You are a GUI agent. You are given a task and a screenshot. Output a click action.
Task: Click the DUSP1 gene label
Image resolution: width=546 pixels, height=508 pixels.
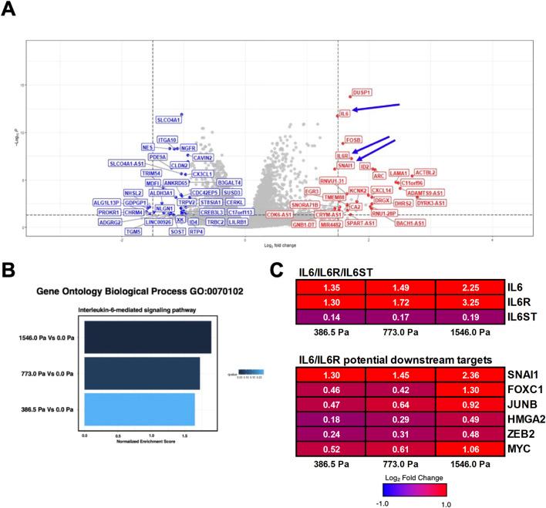[362, 93]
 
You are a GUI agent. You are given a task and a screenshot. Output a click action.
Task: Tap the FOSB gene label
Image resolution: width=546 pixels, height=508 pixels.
[353, 140]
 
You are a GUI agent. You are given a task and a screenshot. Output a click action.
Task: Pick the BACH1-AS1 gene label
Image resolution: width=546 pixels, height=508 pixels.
[410, 223]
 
